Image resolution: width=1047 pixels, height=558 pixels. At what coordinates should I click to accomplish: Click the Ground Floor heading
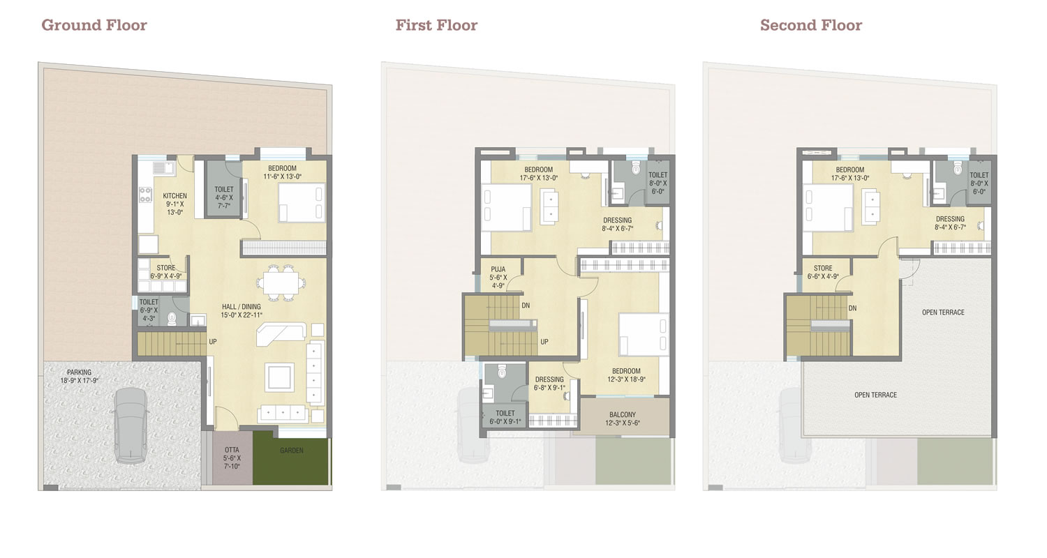(x=94, y=25)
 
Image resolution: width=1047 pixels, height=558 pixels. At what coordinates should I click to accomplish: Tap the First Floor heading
(x=436, y=25)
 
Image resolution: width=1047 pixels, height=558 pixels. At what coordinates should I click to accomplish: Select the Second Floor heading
(x=811, y=25)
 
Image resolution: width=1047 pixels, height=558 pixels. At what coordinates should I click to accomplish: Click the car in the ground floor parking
(x=131, y=425)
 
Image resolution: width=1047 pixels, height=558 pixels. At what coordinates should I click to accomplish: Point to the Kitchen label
(x=174, y=196)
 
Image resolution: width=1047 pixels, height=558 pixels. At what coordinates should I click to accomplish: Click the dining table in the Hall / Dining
(x=281, y=283)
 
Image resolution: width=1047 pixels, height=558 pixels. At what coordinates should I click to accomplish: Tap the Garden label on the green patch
(x=292, y=451)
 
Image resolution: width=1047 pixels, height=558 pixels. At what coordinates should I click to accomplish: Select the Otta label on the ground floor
(x=232, y=450)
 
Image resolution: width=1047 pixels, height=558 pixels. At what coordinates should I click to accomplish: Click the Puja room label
(x=498, y=269)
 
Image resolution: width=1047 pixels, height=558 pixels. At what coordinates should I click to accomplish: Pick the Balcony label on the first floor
(x=623, y=414)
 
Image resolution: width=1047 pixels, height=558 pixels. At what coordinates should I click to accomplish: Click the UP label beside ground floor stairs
(x=213, y=342)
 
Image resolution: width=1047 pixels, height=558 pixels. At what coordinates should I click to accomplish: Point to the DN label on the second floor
(x=852, y=308)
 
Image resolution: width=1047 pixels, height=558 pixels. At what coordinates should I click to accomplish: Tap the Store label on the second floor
(x=823, y=269)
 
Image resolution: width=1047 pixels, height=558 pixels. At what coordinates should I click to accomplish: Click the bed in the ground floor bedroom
(x=302, y=203)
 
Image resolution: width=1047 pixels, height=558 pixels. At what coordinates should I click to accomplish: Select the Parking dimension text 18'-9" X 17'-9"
(x=80, y=381)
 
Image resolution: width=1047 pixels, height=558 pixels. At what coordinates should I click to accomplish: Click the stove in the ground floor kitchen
(x=145, y=195)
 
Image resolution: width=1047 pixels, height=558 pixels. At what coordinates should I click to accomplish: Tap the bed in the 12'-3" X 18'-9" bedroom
(x=643, y=335)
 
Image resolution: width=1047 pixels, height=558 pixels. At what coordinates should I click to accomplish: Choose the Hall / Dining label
(x=242, y=307)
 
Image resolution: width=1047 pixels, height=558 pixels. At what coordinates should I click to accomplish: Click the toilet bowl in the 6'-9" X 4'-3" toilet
(x=172, y=318)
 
